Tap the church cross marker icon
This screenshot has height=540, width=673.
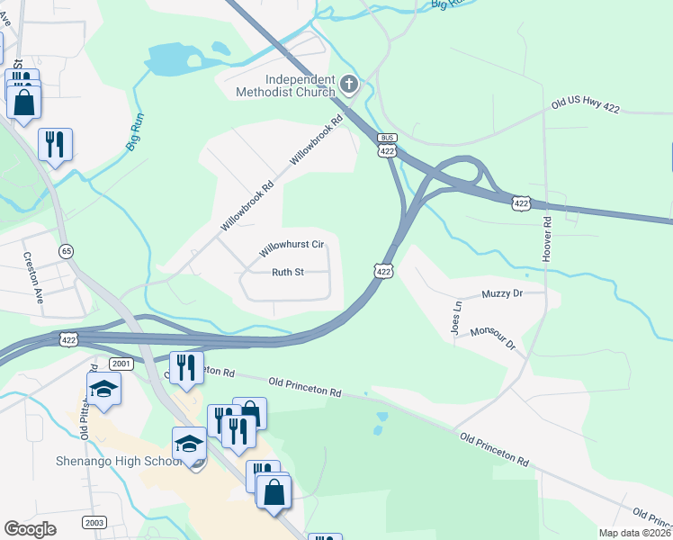(x=350, y=85)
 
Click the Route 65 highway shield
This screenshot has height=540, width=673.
(x=66, y=249)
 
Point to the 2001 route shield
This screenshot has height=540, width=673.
(x=121, y=363)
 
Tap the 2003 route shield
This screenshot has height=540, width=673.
(x=94, y=522)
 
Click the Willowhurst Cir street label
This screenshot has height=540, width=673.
(x=292, y=245)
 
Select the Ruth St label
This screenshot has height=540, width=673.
(x=289, y=271)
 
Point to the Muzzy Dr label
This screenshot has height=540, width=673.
(x=502, y=293)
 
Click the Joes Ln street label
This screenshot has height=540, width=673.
(x=457, y=318)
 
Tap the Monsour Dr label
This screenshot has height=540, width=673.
(x=491, y=338)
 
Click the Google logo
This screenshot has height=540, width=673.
(x=31, y=529)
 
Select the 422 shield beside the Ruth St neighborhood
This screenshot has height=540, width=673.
(x=383, y=271)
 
